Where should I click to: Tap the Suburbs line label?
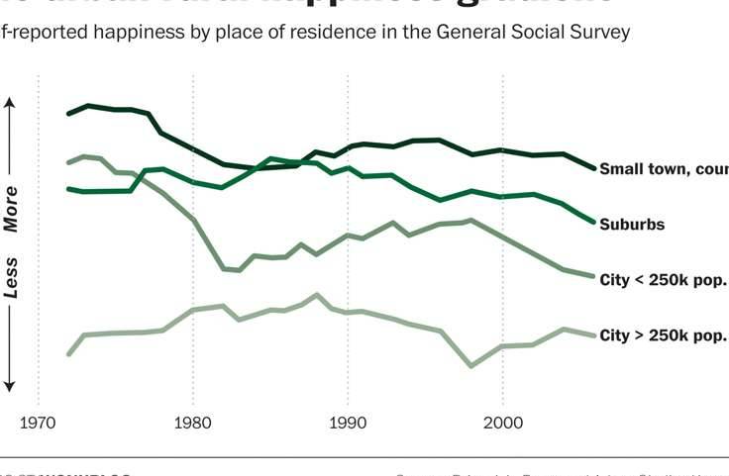tap(632, 225)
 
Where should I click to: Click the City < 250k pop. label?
tap(663, 280)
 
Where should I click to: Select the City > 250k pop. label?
tap(663, 335)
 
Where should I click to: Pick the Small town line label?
tap(663, 169)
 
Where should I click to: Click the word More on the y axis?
tap(11, 208)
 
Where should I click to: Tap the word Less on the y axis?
tap(11, 278)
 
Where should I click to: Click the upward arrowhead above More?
tap(11, 102)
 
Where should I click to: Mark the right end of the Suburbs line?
tap(594, 222)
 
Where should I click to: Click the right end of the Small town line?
tap(594, 168)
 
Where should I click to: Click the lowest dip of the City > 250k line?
tap(471, 366)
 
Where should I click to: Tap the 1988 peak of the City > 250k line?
tap(317, 295)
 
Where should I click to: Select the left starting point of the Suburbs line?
tap(68, 188)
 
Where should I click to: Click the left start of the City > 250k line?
tap(68, 353)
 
